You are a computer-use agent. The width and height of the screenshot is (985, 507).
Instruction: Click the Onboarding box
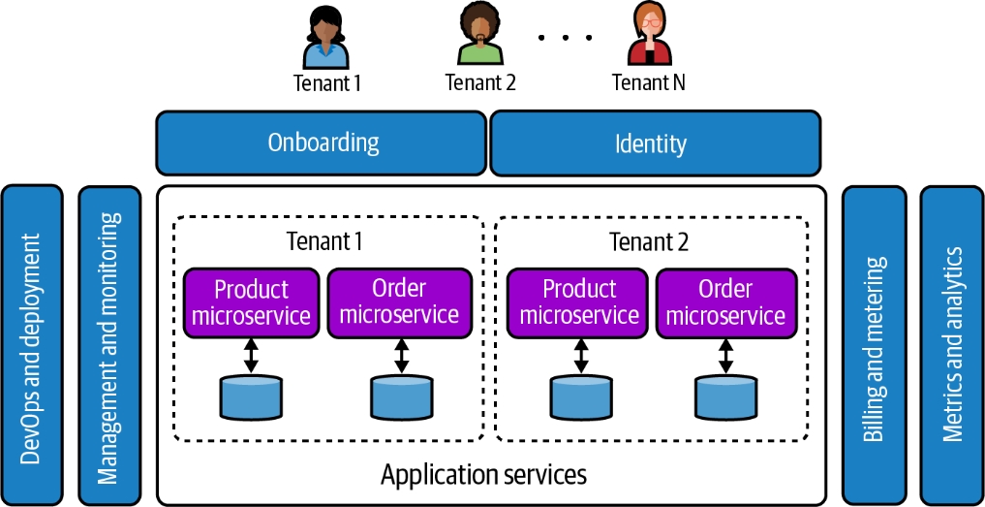pos(322,143)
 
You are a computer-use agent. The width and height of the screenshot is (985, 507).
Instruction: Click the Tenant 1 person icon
pos(328,37)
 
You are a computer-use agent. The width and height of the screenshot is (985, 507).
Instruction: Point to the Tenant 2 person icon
pos(480,37)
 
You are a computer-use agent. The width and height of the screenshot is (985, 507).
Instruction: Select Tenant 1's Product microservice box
pos(252,301)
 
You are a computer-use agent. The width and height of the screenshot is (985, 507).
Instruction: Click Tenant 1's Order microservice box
pos(399,301)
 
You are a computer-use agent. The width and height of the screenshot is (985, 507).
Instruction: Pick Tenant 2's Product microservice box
pos(579,301)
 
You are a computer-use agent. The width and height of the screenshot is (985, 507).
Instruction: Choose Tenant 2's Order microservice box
pos(725,301)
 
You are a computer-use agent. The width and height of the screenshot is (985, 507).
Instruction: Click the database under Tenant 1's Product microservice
pos(252,398)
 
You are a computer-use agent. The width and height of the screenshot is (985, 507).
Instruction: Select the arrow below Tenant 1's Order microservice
pos(399,354)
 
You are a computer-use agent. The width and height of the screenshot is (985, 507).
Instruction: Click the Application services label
pos(483,475)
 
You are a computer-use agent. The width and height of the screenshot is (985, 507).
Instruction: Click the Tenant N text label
pos(648,82)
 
